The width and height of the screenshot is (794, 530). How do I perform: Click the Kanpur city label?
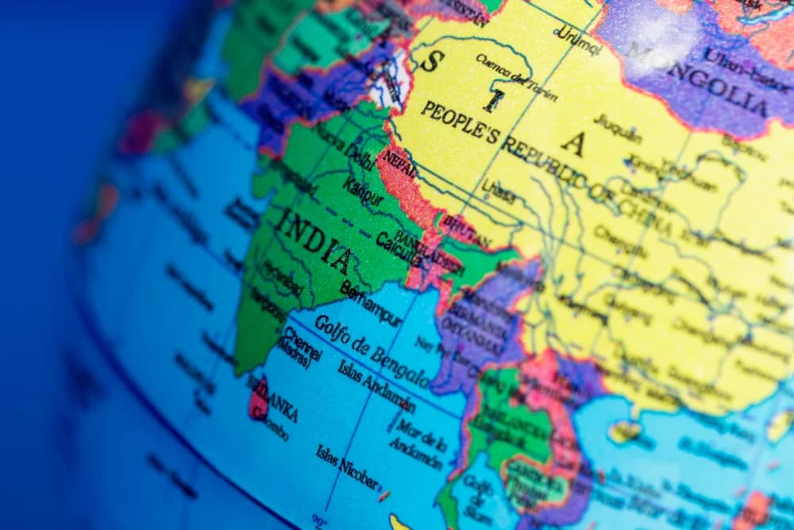pos(363,191)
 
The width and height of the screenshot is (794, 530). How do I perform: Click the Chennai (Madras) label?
pos(301,347)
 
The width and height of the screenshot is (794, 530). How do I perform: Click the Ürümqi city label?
pos(577,39)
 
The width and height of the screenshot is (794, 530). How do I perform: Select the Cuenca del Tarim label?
pos(515,76)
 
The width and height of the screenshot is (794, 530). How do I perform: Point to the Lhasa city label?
pos(498,191)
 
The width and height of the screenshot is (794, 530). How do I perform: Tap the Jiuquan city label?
pos(617,127)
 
